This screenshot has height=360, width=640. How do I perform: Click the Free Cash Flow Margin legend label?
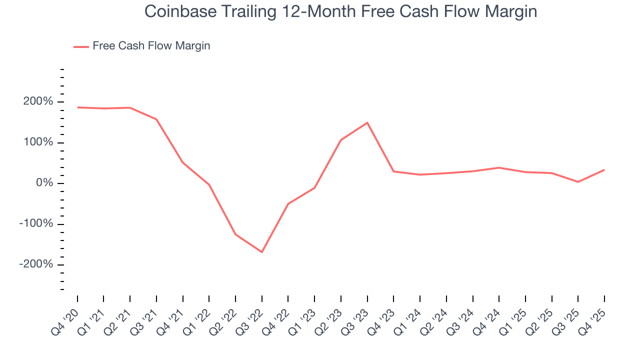(x=151, y=46)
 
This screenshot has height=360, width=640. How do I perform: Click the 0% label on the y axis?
(x=45, y=183)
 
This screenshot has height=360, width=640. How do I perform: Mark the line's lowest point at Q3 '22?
(x=262, y=252)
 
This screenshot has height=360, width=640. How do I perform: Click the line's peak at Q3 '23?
(x=367, y=122)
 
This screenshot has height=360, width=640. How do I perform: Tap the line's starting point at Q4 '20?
(x=77, y=107)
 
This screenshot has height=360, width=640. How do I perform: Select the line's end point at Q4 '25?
(x=604, y=170)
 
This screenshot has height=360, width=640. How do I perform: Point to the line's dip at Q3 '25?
(x=578, y=182)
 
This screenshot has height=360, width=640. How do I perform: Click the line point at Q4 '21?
(x=183, y=162)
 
